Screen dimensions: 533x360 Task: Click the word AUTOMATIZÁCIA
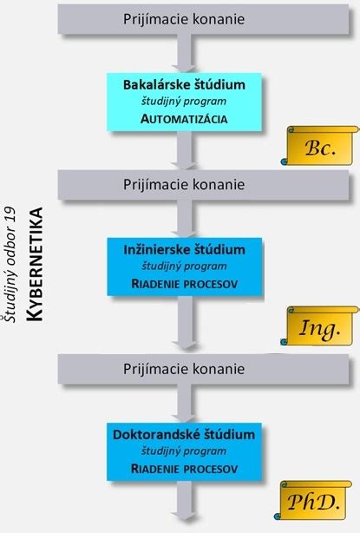coord(184,120)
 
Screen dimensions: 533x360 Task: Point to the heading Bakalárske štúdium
coord(184,86)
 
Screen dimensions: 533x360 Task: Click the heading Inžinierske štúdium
coord(184,250)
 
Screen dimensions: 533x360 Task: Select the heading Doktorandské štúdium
coord(184,432)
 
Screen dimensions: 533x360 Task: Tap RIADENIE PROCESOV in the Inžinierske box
coord(184,283)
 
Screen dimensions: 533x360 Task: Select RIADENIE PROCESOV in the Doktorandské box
coord(184,469)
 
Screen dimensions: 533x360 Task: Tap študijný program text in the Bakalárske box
coord(184,102)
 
